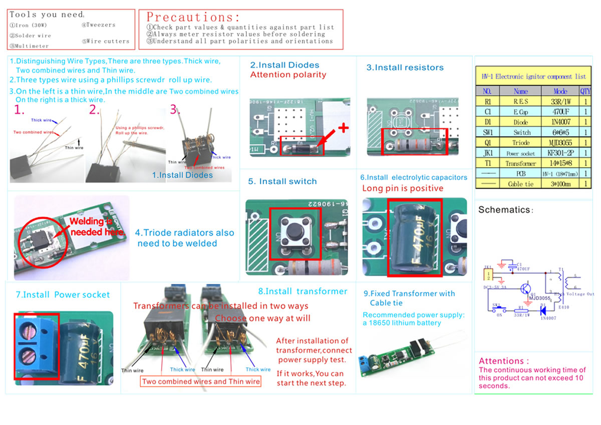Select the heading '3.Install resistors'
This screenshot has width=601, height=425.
pos(405,68)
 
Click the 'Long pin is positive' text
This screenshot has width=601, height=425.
pos(403,188)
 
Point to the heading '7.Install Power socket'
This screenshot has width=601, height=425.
pos(63,295)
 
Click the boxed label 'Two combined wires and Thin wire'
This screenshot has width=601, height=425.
pos(201,381)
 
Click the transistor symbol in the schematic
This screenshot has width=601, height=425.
pos(525,289)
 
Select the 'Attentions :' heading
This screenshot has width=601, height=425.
pos(504,361)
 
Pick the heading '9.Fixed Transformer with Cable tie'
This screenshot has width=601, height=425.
pos(409,298)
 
